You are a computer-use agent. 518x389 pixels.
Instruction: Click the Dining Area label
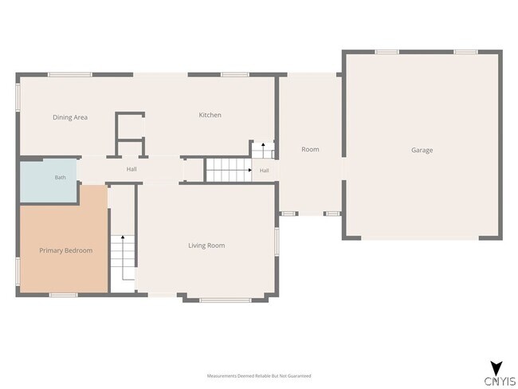point(70,117)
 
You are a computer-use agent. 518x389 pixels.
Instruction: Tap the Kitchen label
point(210,115)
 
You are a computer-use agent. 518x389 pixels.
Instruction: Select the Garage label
point(422,150)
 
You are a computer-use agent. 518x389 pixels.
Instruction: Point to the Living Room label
point(206,246)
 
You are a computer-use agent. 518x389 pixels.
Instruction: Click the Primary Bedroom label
point(65,250)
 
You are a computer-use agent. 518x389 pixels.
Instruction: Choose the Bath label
point(60,178)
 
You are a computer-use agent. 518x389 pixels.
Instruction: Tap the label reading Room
point(310,149)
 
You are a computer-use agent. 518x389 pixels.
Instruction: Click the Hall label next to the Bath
point(131,169)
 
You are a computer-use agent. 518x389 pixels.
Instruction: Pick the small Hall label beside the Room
point(265,171)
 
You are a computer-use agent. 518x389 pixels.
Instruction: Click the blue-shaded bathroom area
point(49,180)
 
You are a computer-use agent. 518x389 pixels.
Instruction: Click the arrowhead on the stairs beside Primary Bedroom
point(123,237)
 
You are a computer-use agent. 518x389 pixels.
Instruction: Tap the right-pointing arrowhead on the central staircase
point(250,171)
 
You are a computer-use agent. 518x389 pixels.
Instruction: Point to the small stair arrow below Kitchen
point(263,147)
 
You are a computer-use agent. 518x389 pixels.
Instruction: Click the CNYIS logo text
point(500,381)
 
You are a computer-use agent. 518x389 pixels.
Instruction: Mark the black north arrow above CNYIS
point(496,368)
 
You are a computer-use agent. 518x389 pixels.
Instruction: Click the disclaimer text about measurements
point(259,375)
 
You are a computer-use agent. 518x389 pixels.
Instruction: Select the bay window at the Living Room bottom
point(226,300)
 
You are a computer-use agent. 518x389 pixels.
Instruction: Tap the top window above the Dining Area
point(70,75)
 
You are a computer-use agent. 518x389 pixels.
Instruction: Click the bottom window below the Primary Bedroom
point(64,295)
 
